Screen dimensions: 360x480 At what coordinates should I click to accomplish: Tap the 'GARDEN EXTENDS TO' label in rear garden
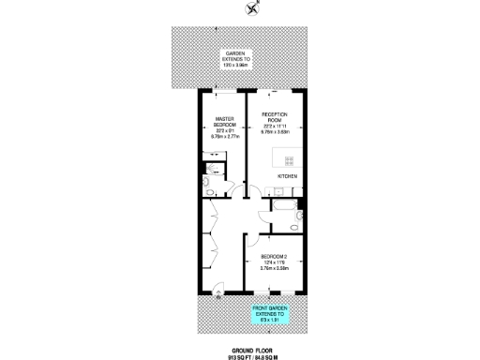tap(235, 57)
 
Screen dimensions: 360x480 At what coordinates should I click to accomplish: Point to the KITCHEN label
tap(288, 176)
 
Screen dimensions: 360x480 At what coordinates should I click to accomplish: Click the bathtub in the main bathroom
tap(282, 205)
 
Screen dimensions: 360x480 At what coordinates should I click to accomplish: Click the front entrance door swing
tap(219, 291)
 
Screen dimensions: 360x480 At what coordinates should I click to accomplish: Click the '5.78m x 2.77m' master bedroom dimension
tap(220, 137)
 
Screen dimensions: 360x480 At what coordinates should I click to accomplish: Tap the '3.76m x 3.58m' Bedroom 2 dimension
tap(274, 269)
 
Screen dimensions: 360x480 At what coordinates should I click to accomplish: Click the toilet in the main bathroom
tap(293, 225)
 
